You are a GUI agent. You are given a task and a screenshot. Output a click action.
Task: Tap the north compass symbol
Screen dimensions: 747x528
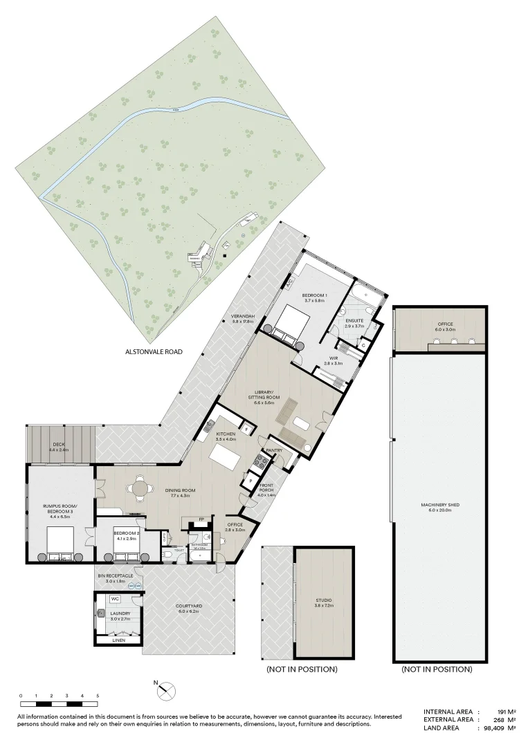point(167,690)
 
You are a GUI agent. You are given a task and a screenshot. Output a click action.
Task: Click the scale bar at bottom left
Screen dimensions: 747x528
point(60,703)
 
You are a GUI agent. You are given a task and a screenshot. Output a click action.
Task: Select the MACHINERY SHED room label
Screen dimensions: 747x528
point(440,505)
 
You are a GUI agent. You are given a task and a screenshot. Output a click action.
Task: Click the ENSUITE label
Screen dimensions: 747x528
point(355,320)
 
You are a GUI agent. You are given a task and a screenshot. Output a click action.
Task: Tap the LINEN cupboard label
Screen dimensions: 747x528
point(120,641)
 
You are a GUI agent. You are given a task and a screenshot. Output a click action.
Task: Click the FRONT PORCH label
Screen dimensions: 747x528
point(266,489)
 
